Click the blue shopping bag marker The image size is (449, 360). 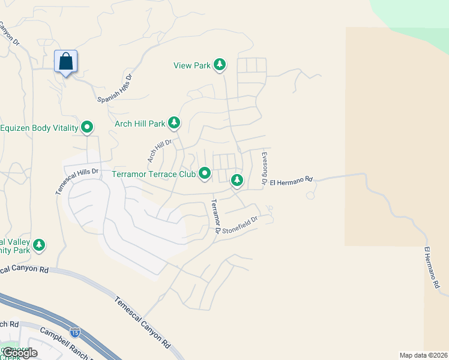coord(66,61)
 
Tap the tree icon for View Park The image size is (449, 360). coord(220,65)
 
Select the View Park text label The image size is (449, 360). coord(192,65)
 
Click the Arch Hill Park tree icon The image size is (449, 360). coord(174,123)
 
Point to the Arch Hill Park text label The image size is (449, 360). coord(140,124)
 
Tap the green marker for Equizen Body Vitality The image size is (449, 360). coord(87,127)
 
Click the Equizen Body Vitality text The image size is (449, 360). coord(40,128)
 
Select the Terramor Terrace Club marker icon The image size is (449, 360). coord(205,173)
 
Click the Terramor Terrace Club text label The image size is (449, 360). coord(154,175)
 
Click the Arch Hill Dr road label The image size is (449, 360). coord(160,151)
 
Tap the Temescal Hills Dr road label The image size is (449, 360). coord(76,180)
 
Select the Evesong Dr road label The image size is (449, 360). coord(263,167)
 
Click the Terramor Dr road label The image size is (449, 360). coord(214,217)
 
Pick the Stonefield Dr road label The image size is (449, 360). coord(240,224)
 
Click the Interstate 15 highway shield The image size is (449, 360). coord(75,332)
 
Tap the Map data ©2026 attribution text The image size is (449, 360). coord(423,355)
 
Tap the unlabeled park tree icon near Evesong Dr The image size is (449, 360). coord(237,179)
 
